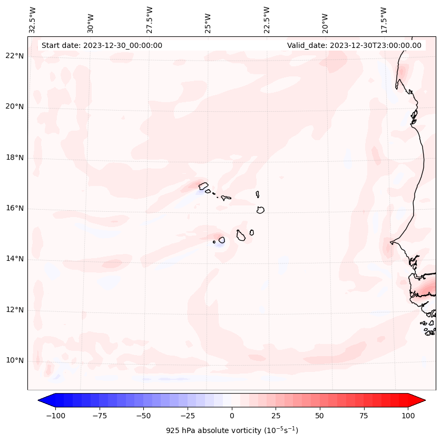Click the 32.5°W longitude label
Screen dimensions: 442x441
pyautogui.click(x=33, y=19)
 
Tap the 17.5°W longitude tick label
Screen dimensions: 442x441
pyautogui.click(x=384, y=19)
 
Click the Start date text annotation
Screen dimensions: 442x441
pyautogui.click(x=102, y=45)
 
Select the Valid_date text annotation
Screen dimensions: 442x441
pyautogui.click(x=354, y=45)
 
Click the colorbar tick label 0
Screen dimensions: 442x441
pyautogui.click(x=232, y=416)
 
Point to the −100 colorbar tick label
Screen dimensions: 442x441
pyautogui.click(x=55, y=416)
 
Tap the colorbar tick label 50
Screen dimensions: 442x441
pyautogui.click(x=320, y=416)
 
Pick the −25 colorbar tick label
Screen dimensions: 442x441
pyautogui.click(x=188, y=416)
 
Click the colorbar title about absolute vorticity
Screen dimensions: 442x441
pyautogui.click(x=232, y=430)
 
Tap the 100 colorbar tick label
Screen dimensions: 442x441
pyautogui.click(x=408, y=416)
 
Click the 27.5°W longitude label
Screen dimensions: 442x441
pyautogui.click(x=150, y=19)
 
